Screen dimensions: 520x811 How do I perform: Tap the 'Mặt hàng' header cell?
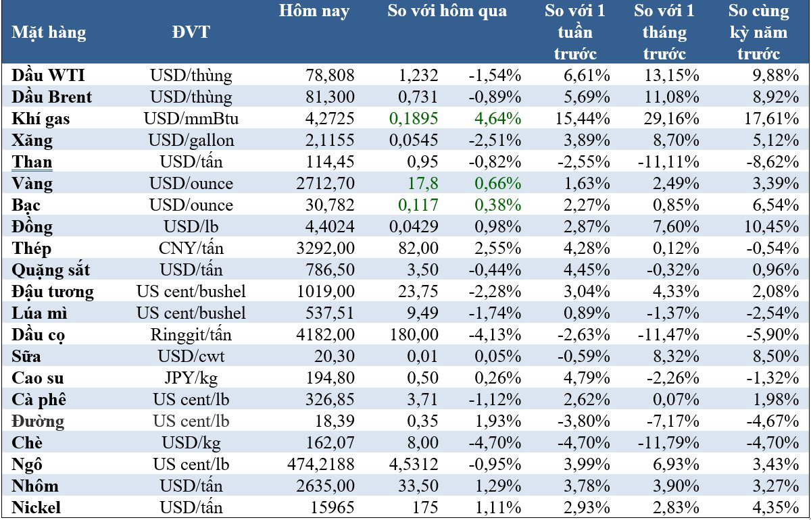click(49, 32)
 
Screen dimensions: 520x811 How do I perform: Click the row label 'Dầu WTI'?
click(49, 76)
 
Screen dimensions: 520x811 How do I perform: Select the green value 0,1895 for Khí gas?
click(414, 119)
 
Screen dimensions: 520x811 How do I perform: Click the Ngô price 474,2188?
click(321, 465)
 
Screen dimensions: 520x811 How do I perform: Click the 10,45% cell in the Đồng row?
click(772, 227)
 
